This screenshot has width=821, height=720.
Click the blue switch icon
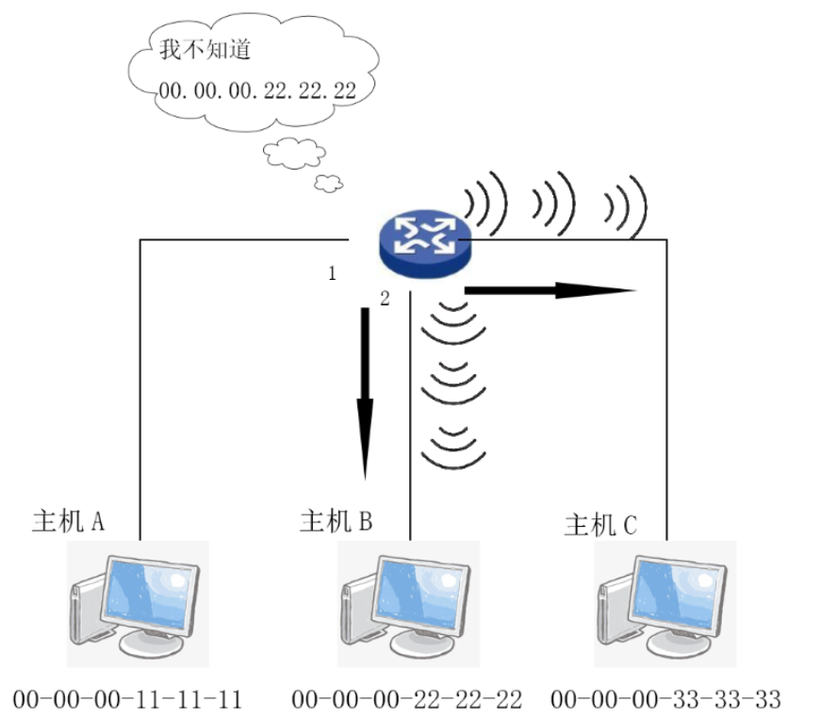pos(424,237)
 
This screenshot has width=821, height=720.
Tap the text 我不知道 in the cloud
pos(205,50)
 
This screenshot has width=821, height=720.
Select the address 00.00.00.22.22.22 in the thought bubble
pos(257,90)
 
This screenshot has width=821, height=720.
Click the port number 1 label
pos(332,274)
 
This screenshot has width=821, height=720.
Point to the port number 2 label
pos(384,300)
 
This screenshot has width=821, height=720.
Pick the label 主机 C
pos(600,525)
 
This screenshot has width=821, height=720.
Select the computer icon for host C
pos(665,603)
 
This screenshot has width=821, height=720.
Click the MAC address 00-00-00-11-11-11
pos(128,699)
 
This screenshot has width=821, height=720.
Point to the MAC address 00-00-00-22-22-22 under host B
pos(406,699)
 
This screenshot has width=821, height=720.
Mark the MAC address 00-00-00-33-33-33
pos(665,699)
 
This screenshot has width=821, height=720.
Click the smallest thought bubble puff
pos(328,181)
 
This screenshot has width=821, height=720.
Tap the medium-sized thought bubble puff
pos(294,152)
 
